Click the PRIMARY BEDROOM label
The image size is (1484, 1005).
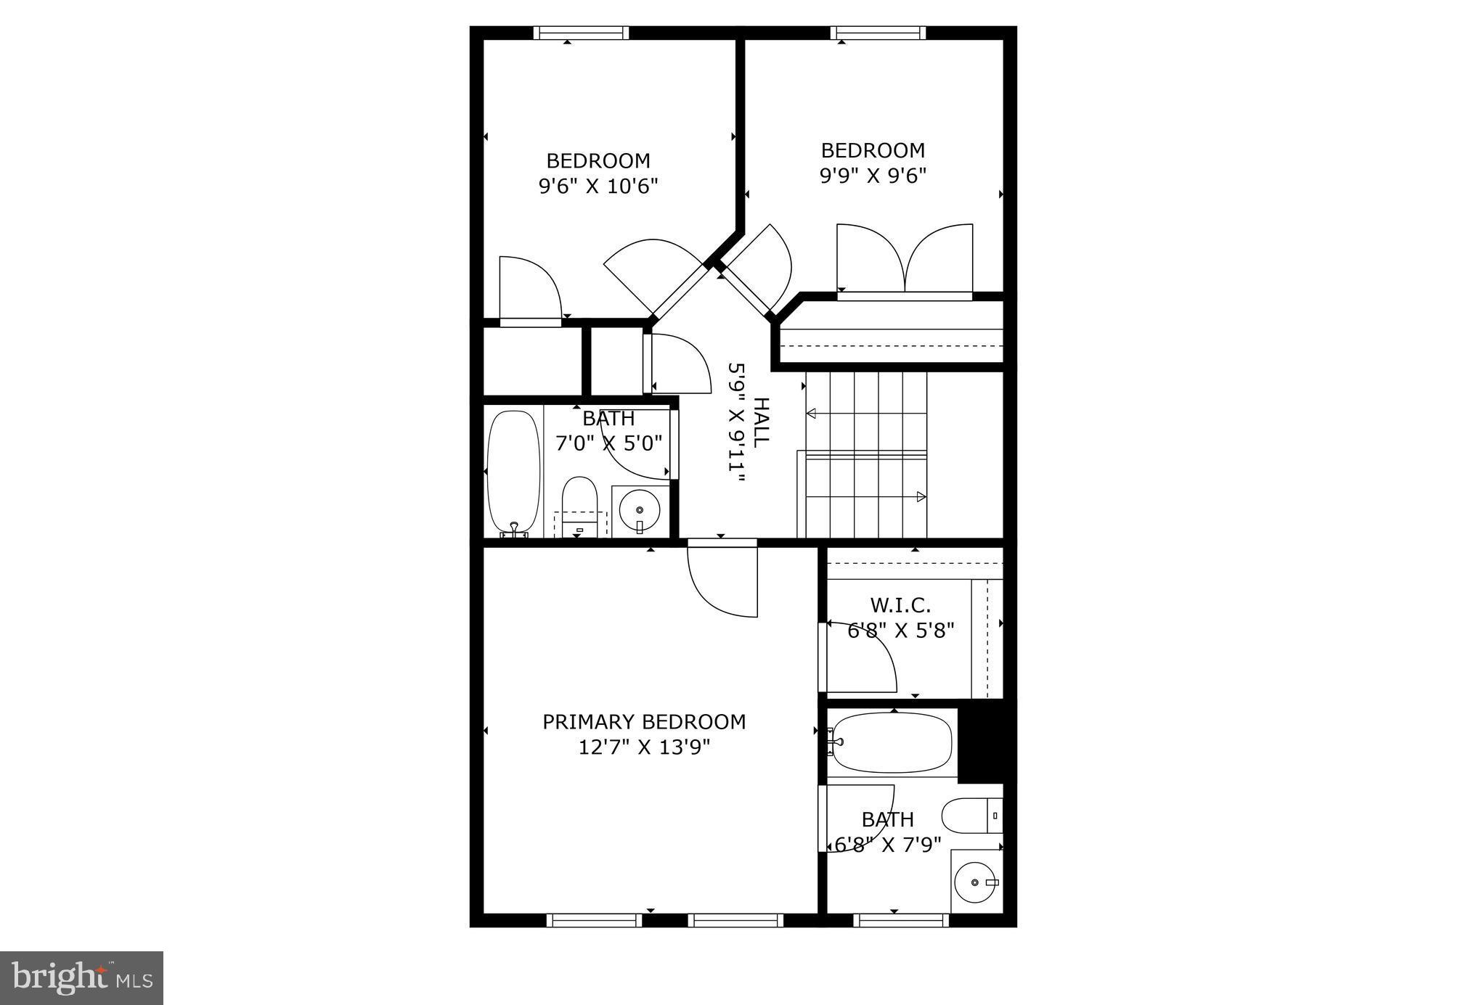[x=644, y=722]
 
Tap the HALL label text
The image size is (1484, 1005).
[x=761, y=422]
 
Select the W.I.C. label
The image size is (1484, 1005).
[x=900, y=604]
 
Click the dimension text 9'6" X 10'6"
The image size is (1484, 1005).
[x=598, y=186]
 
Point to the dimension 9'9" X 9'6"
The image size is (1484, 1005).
[x=873, y=176]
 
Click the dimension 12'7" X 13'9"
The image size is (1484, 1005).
[x=644, y=747]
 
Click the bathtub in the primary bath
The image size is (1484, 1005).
[x=892, y=743]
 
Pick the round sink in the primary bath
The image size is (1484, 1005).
[x=973, y=883]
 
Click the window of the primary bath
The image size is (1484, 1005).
[x=901, y=920]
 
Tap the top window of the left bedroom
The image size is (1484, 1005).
[x=581, y=33]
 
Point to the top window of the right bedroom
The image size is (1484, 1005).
[x=878, y=33]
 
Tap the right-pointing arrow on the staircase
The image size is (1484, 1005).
[x=921, y=497]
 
